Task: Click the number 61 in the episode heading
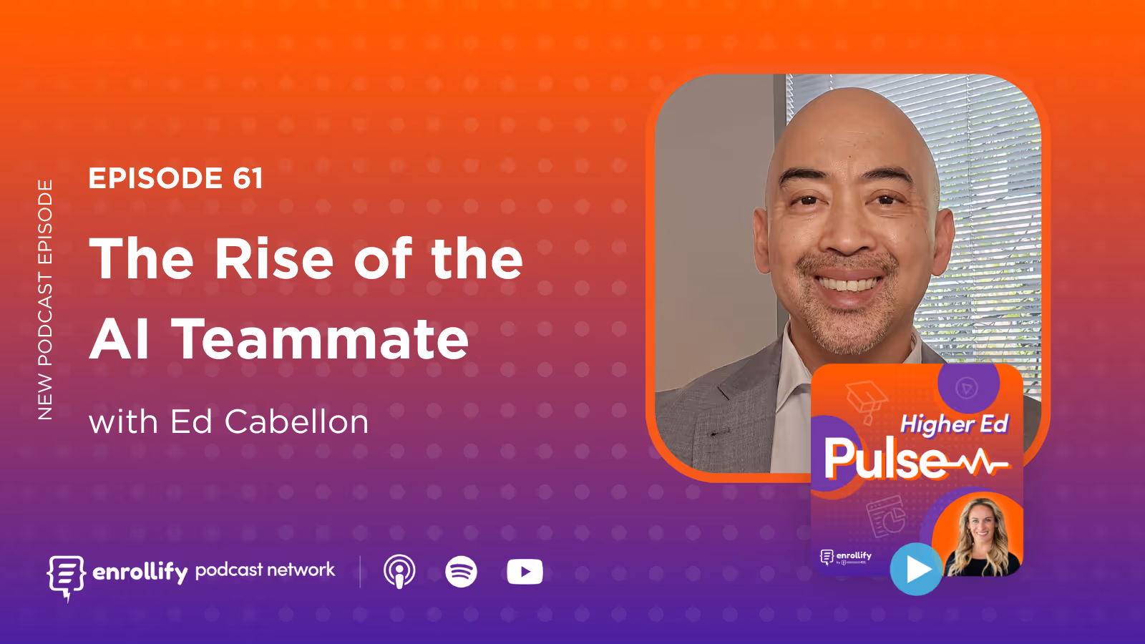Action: click(x=248, y=178)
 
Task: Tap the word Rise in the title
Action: click(x=274, y=258)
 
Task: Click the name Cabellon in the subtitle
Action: click(x=296, y=421)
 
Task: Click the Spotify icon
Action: click(x=461, y=572)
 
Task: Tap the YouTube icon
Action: click(x=525, y=572)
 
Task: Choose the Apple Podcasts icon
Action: click(x=399, y=572)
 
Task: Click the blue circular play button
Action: click(x=916, y=570)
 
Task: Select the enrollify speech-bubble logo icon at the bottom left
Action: click(x=66, y=575)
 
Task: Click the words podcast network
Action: click(x=265, y=570)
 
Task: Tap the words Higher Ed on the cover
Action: click(x=954, y=424)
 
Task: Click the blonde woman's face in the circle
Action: click(x=981, y=525)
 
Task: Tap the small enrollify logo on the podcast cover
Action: click(x=846, y=557)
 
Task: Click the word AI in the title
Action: click(x=120, y=338)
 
